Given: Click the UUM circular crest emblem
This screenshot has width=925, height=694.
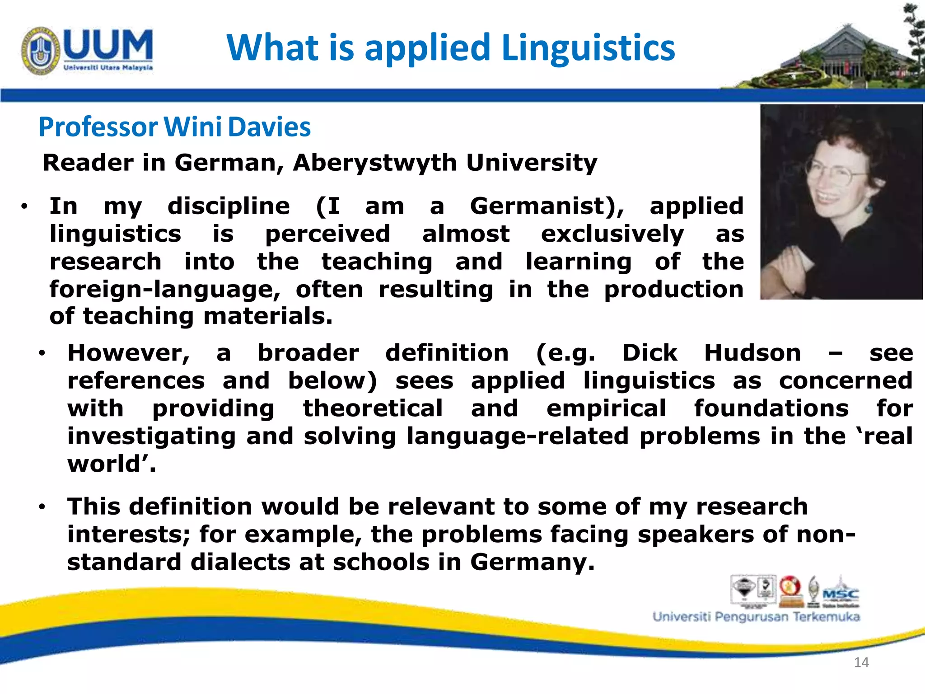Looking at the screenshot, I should coord(40,51).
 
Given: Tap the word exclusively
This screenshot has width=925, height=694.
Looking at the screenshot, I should coord(612,234).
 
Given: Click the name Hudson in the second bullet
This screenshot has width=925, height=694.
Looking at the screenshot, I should coord(752,353).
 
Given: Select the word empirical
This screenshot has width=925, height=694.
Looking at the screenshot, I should coord(606,408).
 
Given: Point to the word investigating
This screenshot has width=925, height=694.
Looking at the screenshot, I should coord(151,436).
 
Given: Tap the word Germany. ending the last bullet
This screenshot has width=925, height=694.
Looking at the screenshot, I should coord(533,562).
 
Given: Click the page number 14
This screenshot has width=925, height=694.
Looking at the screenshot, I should coord(861,662).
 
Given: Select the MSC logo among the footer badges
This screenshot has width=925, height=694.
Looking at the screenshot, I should coord(841,593).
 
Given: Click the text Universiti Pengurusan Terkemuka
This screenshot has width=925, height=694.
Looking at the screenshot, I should coord(756,617).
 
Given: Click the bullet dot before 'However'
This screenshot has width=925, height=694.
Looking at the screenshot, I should coord(42,353).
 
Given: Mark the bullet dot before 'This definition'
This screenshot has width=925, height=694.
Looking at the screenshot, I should coord(42,507).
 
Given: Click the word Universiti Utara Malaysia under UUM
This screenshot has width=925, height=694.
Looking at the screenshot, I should coord(108,68).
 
